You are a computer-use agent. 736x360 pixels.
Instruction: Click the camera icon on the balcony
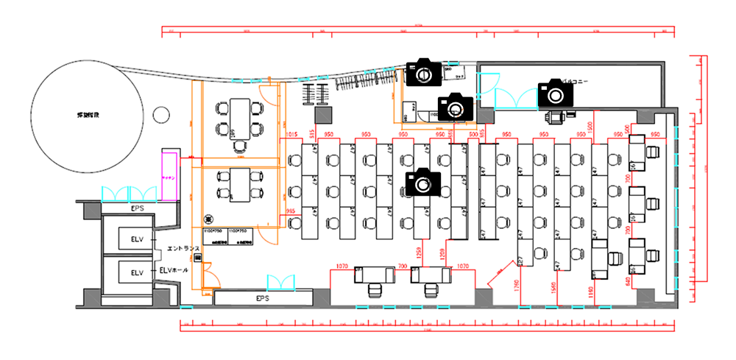tap(555, 93)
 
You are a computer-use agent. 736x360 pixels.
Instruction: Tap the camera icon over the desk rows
tap(422, 181)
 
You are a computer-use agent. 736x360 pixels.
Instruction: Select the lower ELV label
tap(138, 272)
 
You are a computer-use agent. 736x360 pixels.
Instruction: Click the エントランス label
tap(183, 249)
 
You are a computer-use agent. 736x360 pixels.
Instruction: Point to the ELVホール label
tap(174, 270)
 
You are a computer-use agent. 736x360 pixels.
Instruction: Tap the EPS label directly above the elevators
tap(137, 210)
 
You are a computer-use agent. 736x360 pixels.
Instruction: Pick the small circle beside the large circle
tap(160, 115)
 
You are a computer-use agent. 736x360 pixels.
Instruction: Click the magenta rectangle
tap(169, 176)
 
